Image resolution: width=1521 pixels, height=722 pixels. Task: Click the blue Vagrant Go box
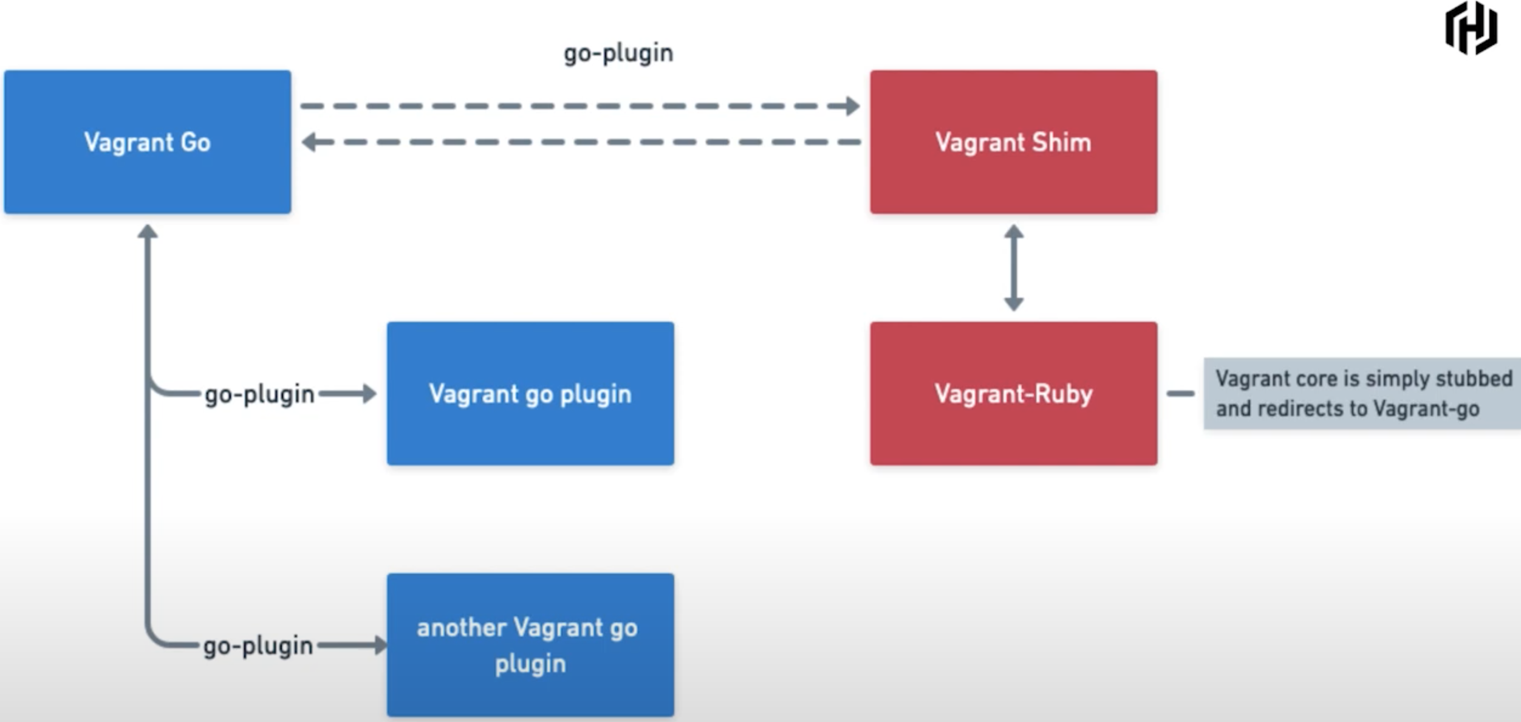148,142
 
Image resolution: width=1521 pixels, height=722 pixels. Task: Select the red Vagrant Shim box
1013,142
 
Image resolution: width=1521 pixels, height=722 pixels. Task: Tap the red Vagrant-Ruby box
1013,393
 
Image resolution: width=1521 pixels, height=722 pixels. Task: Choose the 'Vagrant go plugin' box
530,393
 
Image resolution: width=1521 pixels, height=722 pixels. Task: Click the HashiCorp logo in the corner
1471,29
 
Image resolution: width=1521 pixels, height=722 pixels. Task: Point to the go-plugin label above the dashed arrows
618,53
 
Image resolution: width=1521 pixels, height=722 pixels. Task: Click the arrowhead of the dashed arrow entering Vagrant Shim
852,106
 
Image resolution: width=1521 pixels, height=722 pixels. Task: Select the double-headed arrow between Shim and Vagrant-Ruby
1013,268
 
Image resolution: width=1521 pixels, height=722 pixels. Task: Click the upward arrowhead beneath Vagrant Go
148,232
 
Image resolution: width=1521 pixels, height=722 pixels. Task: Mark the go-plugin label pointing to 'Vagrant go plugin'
259,394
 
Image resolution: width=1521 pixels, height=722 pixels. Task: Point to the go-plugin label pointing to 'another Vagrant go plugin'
258,645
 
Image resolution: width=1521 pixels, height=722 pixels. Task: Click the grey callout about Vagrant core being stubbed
1362,393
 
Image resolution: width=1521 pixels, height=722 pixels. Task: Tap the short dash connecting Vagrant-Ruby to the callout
1180,393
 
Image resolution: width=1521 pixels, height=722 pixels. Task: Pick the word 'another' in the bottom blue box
461,628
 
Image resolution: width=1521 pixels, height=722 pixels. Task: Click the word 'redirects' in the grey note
1300,408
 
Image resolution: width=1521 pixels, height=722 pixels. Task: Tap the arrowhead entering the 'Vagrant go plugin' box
369,393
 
